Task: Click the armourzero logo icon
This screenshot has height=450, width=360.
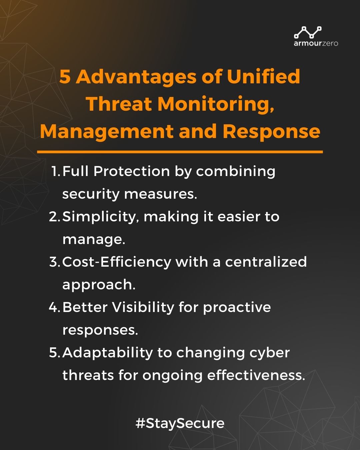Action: point(308,32)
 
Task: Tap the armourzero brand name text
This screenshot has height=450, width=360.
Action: point(316,43)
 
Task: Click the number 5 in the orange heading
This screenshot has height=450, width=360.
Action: point(65,77)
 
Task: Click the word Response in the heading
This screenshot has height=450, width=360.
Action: point(271,131)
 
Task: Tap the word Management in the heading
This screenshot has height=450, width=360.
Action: point(107,132)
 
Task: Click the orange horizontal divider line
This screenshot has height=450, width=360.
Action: point(180,152)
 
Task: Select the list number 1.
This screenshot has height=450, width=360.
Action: point(55,171)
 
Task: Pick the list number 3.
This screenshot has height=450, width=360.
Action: point(54,262)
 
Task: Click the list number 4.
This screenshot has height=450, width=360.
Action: point(54,307)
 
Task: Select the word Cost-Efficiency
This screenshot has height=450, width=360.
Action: point(117,262)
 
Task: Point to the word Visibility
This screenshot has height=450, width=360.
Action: point(143,307)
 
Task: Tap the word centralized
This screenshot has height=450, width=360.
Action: point(266,262)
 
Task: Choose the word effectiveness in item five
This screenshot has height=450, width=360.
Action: point(256,375)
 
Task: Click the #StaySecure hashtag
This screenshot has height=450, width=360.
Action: point(180,423)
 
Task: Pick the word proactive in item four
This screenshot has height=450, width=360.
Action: point(237,308)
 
